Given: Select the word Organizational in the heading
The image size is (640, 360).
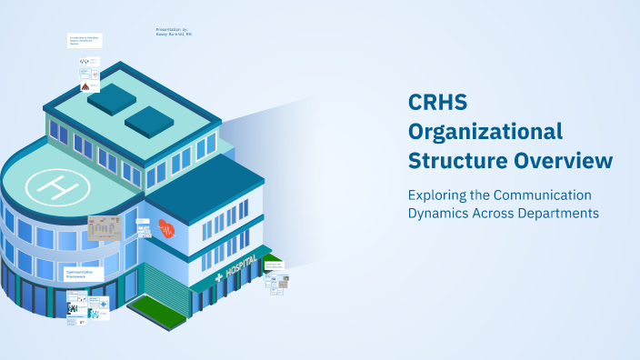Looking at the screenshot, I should (485, 131).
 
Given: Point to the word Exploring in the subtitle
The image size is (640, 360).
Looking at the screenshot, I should (435, 195).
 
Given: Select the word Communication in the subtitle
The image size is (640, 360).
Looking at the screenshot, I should (543, 195).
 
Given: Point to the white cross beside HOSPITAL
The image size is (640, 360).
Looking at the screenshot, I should (218, 277).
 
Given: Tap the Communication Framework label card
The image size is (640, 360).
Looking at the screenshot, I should (85, 274).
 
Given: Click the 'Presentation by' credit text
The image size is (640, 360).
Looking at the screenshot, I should (172, 31).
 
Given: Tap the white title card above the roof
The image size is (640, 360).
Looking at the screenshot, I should (84, 41).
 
